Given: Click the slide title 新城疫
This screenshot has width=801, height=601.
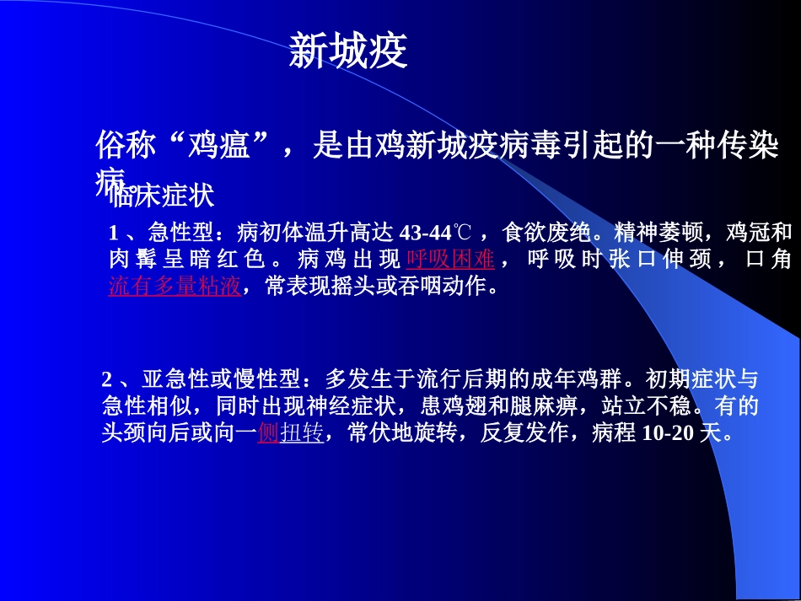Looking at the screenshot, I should pos(348,52).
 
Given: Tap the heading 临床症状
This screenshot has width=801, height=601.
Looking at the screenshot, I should pos(163,196).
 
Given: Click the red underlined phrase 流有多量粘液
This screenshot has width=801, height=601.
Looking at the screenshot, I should pos(175,287).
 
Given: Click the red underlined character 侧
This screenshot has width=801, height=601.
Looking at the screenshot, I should pos(268,434).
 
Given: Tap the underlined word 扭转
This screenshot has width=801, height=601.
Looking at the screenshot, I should pos(301,434).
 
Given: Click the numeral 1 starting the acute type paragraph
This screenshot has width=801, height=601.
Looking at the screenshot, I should pos(115,232).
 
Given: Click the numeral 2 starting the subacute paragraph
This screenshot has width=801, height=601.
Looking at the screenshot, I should pos(107,378).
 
